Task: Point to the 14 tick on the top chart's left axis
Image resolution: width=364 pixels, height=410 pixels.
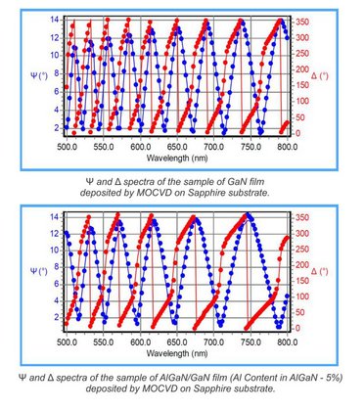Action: (56, 20)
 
